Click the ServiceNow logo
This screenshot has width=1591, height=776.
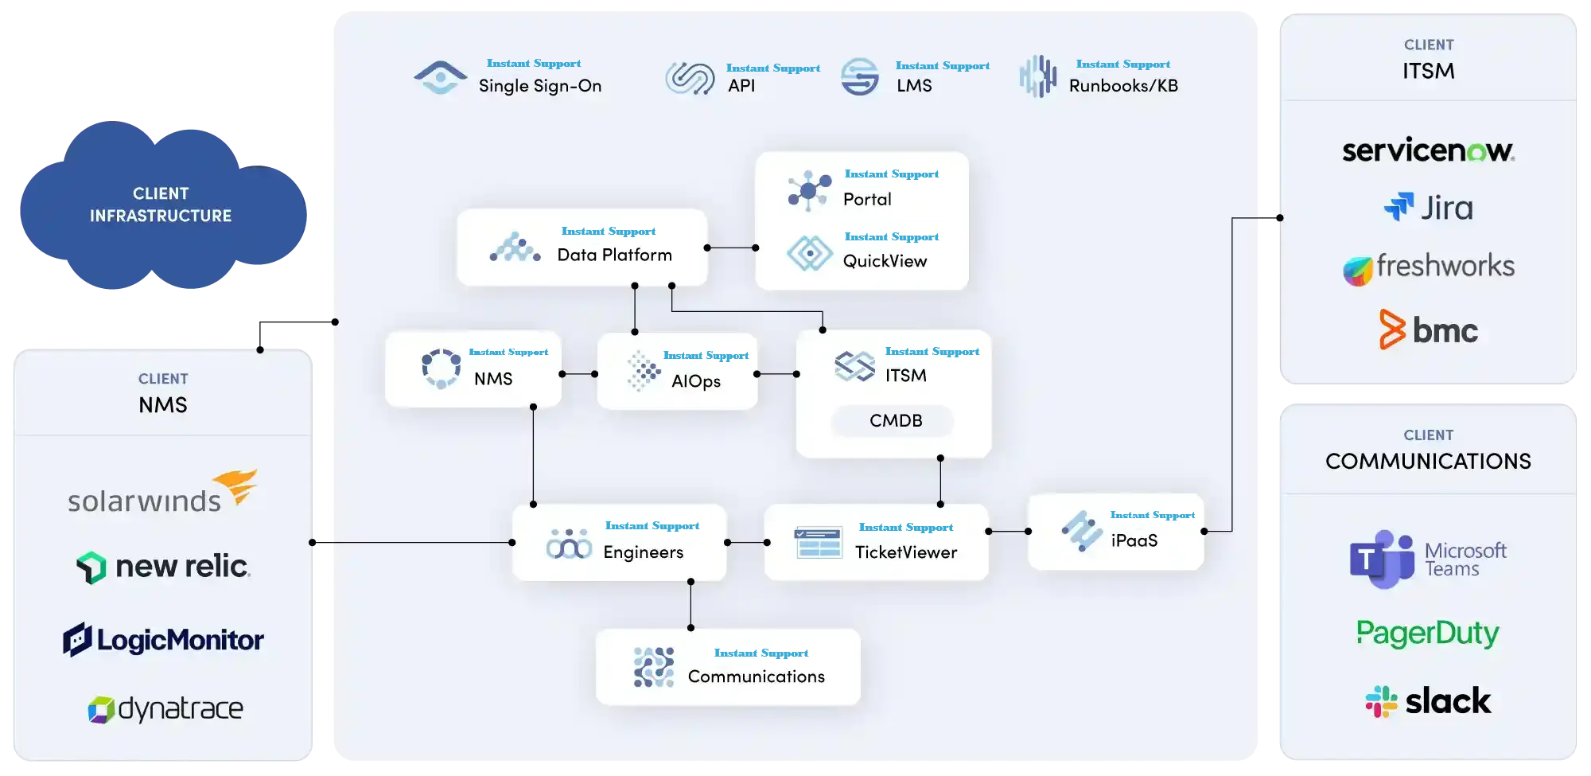(x=1428, y=150)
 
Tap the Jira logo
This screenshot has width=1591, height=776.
(x=1429, y=208)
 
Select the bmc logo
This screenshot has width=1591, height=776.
(x=1429, y=330)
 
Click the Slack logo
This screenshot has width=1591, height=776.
(x=1429, y=701)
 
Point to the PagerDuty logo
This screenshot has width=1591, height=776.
(x=1428, y=634)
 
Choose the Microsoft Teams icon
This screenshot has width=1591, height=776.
(x=1382, y=559)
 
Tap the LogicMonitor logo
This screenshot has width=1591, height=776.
(x=163, y=640)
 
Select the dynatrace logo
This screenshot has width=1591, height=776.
(x=165, y=708)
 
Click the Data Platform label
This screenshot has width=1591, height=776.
(x=614, y=255)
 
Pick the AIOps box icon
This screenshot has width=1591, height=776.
(x=644, y=371)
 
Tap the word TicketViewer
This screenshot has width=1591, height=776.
(x=905, y=552)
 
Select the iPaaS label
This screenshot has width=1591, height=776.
(x=1134, y=540)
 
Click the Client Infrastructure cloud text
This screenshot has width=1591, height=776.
(x=161, y=205)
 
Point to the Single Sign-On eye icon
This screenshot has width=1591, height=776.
(x=441, y=77)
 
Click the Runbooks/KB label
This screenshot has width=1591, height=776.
(x=1122, y=86)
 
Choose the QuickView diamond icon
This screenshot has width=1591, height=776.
(x=810, y=253)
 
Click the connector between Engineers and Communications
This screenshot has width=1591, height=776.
(x=690, y=605)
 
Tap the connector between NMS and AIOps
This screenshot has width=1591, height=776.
(x=578, y=374)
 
